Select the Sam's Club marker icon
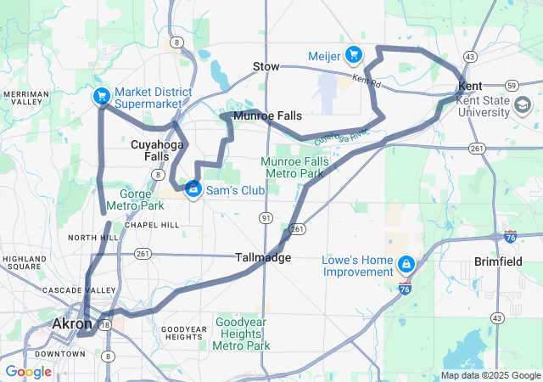(x=193, y=188)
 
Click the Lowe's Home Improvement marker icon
(x=406, y=265)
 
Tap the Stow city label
(x=266, y=66)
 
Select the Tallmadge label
(x=262, y=257)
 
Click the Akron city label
(x=72, y=324)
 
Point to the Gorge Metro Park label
(x=135, y=199)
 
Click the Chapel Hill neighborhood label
(x=152, y=225)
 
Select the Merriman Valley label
(x=25, y=97)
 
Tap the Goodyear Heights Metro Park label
(x=243, y=334)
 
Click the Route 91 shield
(x=266, y=218)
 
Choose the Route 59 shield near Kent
(x=511, y=86)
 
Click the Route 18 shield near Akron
(x=105, y=324)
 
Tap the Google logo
(x=29, y=372)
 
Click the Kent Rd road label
(x=366, y=81)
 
